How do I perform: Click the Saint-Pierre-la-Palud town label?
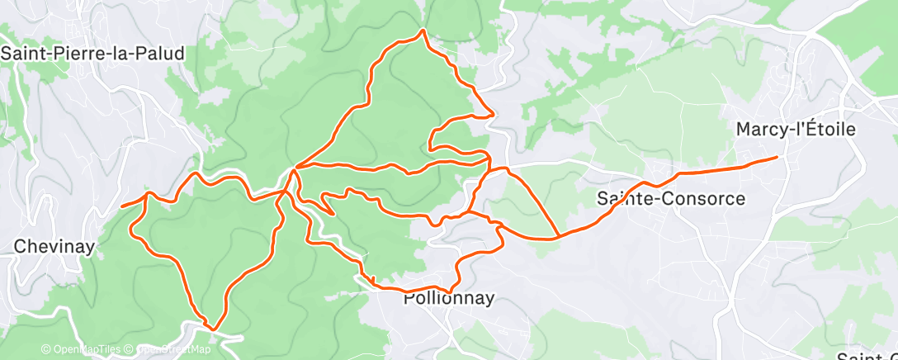tap(92, 53)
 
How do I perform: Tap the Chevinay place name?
tap(55, 246)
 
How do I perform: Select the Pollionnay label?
tap(449, 299)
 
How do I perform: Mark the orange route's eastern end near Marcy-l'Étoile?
tap(777, 157)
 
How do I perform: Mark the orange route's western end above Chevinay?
tap(122, 206)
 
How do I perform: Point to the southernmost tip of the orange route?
tap(214, 329)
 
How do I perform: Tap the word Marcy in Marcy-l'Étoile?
tap(758, 130)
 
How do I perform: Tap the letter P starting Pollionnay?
tap(409, 299)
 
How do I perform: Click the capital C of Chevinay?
tap(21, 246)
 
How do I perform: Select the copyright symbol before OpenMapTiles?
tap(45, 349)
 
